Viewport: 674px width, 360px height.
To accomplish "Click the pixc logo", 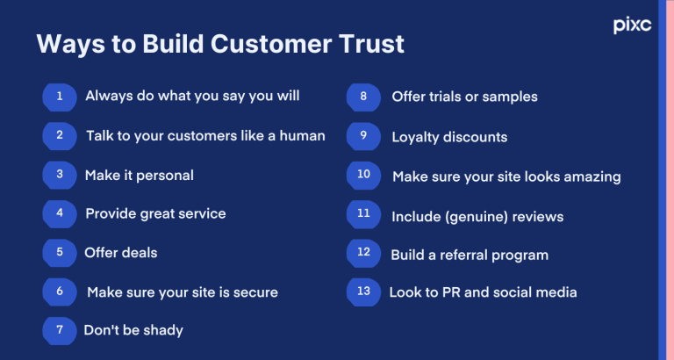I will pos(632,25).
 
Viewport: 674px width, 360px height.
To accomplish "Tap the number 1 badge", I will pos(60,97).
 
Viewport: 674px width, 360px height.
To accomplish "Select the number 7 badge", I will pos(60,329).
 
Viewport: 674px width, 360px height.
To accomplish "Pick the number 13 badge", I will pos(363,292).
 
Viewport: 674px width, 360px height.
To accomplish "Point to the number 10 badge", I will pos(363,175).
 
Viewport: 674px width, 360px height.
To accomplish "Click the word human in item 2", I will pos(300,136).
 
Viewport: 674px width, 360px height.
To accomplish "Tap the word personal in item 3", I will pos(165,175).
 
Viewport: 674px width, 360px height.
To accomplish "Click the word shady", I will pos(161,330).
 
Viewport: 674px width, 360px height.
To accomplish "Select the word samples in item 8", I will pos(508,97).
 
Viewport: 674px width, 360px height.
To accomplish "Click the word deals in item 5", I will pos(140,252).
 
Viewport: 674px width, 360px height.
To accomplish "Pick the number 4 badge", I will pos(60,212).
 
